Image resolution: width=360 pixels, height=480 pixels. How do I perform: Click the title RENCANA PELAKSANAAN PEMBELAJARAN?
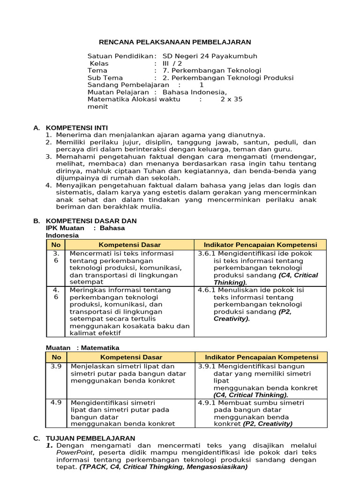pos(175,42)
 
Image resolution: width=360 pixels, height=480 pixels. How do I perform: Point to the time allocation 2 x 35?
pos(232,99)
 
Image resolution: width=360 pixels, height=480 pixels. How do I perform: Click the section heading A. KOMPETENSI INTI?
pos(77,127)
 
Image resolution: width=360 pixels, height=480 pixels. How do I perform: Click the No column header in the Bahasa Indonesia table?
pos(56,245)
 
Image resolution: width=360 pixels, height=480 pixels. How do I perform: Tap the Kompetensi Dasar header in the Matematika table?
pos(129,357)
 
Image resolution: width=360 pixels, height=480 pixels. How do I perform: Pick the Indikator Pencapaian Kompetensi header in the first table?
pos(260,245)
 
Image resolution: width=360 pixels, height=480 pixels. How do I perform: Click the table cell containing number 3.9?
pos(56,366)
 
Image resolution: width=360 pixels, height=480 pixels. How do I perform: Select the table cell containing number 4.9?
pos(56,403)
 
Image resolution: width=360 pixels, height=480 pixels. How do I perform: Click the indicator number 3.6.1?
pos(207,254)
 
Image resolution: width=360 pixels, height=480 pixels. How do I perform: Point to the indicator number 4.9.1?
pos(207,403)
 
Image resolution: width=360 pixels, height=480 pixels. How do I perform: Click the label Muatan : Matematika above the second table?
pos(82,348)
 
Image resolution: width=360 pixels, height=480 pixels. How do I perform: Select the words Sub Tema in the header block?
pos(105,78)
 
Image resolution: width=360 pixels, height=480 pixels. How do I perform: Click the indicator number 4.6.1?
pos(207,290)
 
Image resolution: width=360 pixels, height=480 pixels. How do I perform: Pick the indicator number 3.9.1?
pos(207,366)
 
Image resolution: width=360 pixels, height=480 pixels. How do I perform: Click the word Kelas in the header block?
pos(99,63)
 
